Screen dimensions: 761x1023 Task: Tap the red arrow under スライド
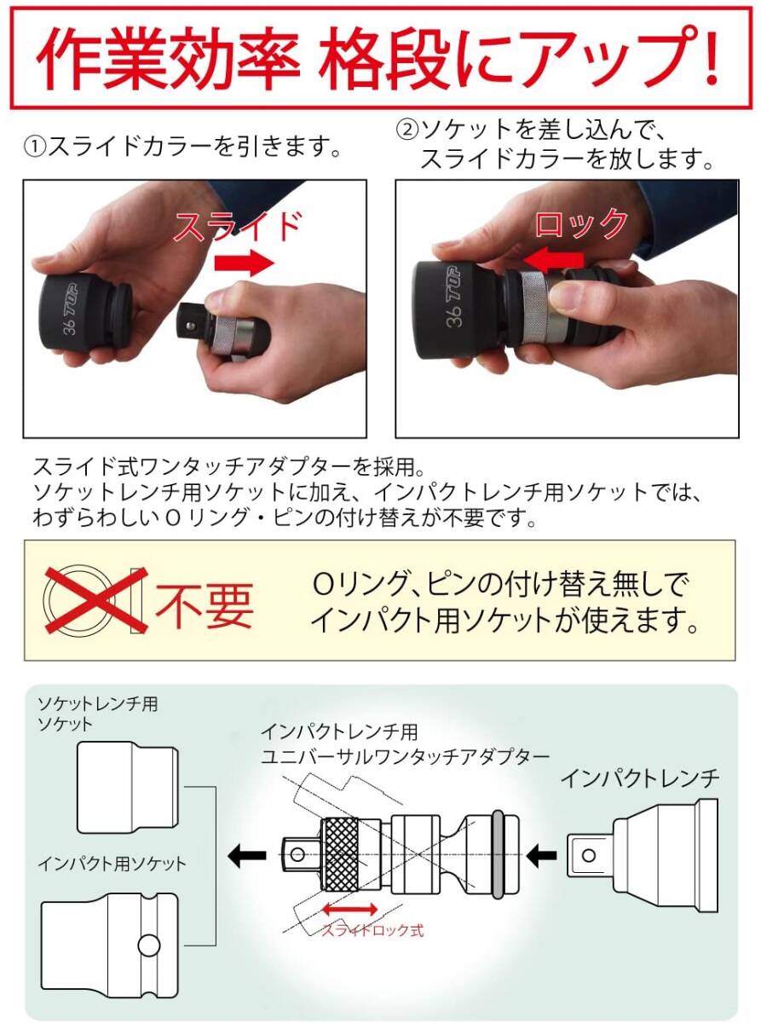244,263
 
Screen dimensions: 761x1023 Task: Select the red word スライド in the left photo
237,226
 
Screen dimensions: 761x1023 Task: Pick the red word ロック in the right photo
581,223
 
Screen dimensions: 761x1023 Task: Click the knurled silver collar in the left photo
225,335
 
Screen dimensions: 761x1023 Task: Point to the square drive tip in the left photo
189,323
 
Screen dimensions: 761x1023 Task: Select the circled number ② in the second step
406,130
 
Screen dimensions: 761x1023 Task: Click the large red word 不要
205,605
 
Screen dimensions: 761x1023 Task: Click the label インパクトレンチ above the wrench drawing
640,766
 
